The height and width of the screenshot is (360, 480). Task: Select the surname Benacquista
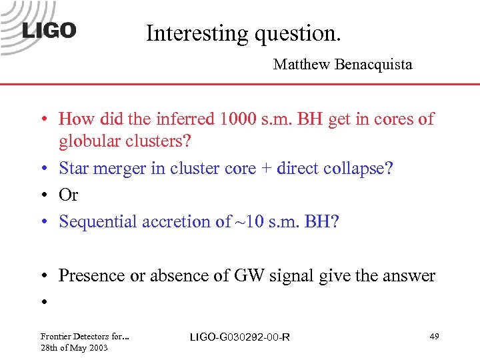coord(375,65)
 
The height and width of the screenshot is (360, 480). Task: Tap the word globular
coord(86,141)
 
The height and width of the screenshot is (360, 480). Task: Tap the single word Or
coord(69,195)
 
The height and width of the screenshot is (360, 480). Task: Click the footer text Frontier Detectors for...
coord(84,336)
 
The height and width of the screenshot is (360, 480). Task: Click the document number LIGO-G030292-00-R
coord(240,337)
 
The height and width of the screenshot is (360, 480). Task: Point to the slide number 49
coord(433,337)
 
